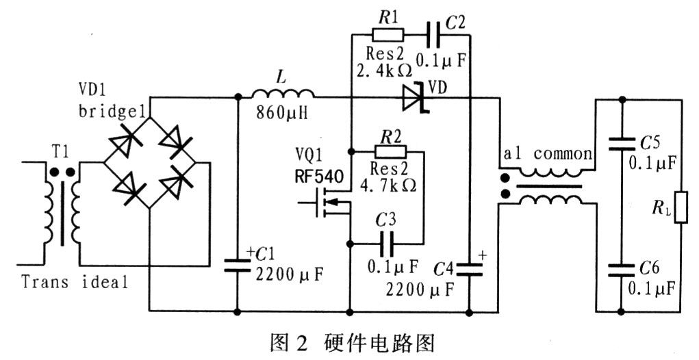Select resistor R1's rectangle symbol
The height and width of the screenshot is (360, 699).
[x=388, y=34]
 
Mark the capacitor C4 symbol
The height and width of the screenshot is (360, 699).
[x=470, y=266]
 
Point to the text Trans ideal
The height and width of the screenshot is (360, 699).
[x=75, y=281]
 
